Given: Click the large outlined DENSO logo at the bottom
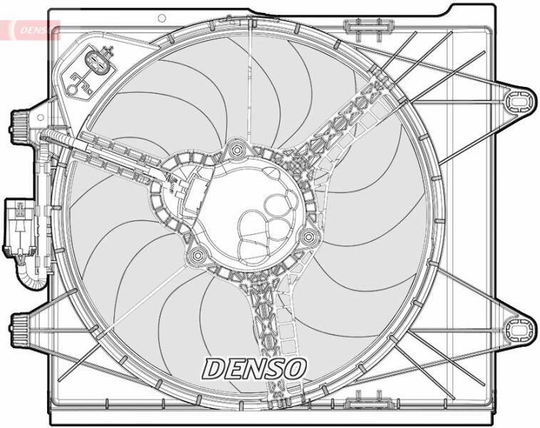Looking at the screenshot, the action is [x=254, y=368].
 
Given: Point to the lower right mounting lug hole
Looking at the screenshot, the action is [x=518, y=330].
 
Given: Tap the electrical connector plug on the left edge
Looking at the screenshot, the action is [x=19, y=228].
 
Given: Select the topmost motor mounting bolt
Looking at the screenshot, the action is [x=237, y=150].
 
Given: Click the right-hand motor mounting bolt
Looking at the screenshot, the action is [x=309, y=237].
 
